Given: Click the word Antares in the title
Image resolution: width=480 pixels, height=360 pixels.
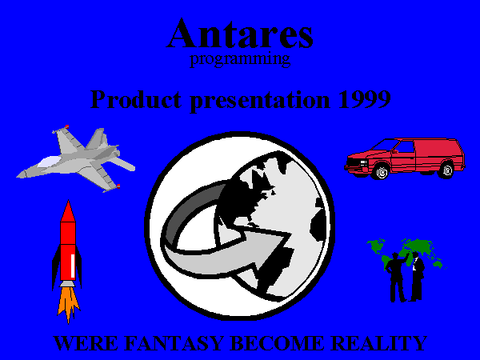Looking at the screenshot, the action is (x=240, y=34).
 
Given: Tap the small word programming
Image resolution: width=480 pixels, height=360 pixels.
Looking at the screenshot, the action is (x=240, y=59).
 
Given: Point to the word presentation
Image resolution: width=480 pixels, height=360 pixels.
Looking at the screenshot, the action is (x=260, y=101).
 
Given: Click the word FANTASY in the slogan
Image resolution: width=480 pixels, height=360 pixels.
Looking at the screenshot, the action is (x=174, y=343).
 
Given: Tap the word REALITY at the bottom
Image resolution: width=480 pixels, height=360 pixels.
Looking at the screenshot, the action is (x=379, y=343).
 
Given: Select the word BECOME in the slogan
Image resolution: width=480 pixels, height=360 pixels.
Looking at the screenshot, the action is (x=277, y=343).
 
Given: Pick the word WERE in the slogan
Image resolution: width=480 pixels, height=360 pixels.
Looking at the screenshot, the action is (x=86, y=343).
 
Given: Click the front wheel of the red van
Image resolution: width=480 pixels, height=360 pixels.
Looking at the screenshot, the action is (x=382, y=171).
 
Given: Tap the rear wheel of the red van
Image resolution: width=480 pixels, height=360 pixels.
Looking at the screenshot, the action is (x=446, y=170).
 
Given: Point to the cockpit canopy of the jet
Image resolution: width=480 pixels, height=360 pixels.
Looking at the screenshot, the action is (x=49, y=161).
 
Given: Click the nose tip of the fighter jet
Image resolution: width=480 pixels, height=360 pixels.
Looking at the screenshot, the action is (x=17, y=176).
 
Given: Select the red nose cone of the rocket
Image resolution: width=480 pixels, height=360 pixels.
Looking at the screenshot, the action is (x=68, y=211).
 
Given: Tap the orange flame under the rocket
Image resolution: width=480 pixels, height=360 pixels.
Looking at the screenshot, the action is (x=68, y=304).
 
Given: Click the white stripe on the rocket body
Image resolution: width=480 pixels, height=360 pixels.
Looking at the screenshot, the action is (x=73, y=266).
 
